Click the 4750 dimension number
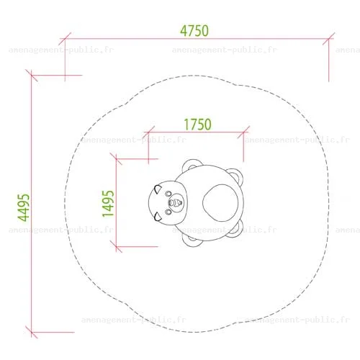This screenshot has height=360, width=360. tap(194, 31)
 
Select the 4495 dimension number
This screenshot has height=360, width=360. tap(24, 207)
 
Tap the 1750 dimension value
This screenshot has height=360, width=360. tap(197, 125)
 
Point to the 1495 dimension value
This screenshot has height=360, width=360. tap(108, 204)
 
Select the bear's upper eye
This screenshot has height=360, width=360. tap(168, 194)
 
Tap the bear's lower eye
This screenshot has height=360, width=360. tap(168, 212)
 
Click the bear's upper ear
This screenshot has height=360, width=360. tap(158, 189)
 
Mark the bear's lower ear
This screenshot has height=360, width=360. tap(158, 217)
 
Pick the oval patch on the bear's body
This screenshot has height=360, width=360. tap(220, 203)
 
